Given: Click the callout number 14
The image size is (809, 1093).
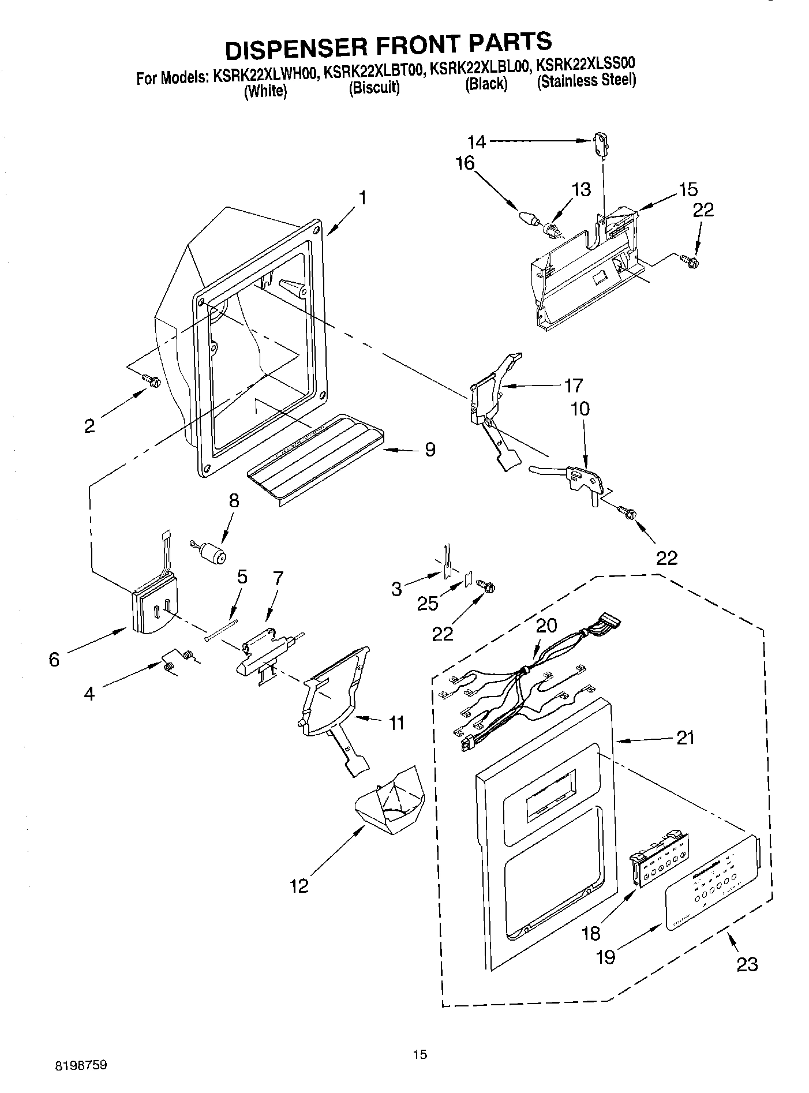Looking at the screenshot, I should (x=477, y=141).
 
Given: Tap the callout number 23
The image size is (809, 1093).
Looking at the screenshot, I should (x=747, y=964).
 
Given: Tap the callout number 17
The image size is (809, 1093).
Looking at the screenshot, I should (x=572, y=385).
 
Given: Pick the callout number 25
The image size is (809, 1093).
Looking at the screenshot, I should (x=427, y=604).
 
